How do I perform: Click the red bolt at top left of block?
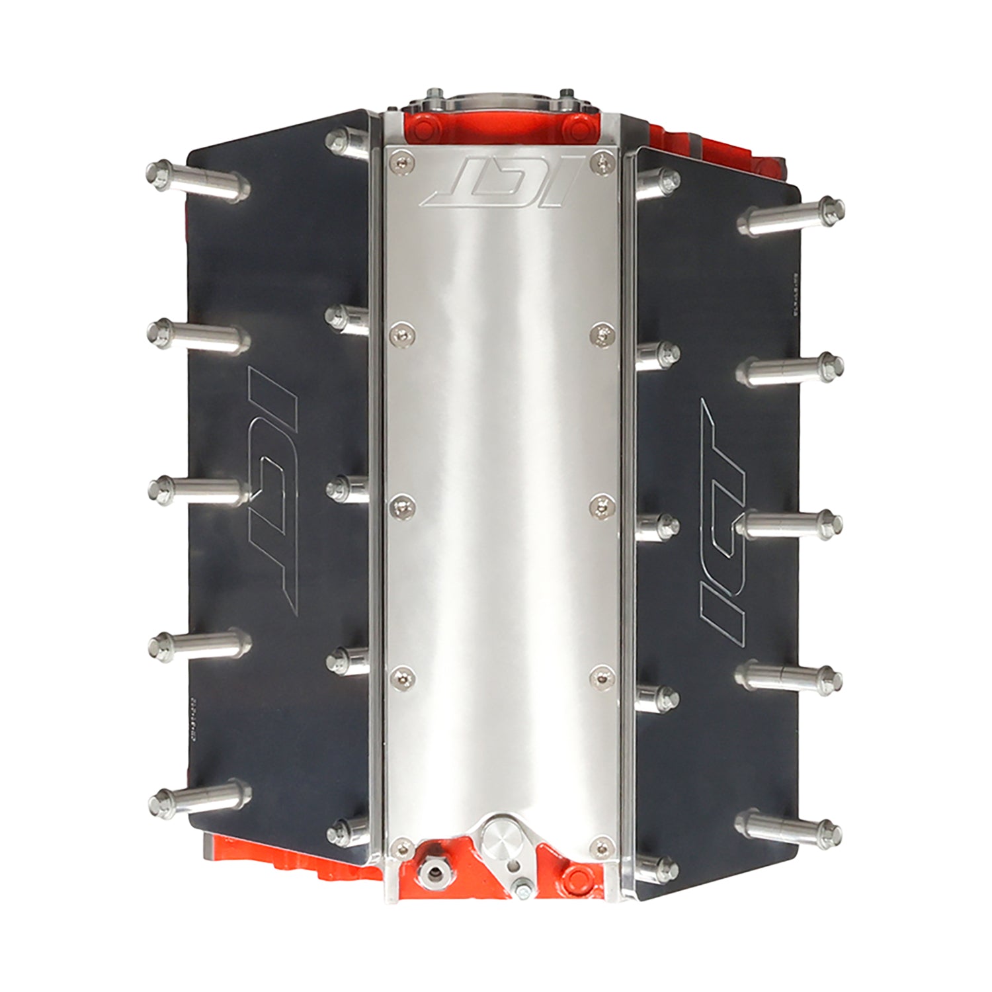coord(417,126)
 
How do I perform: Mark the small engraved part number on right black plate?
coord(793,291)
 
